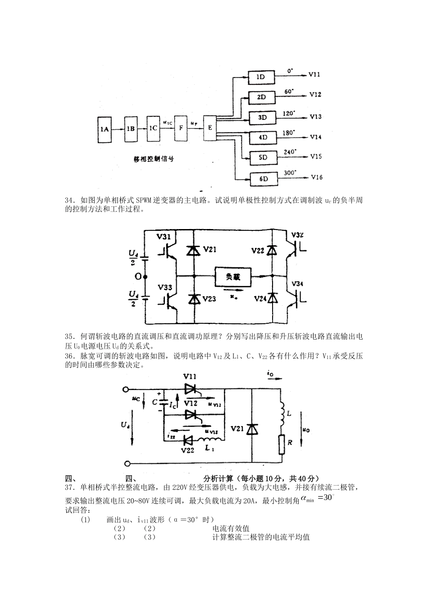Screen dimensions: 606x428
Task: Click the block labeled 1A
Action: (x=105, y=129)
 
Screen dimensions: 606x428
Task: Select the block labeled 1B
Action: (x=131, y=129)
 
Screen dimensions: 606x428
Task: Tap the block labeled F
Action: (x=181, y=128)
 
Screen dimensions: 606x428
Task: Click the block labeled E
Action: (x=209, y=128)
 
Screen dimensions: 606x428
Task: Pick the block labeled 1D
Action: (x=260, y=77)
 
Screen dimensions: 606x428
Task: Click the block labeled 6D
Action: (x=264, y=179)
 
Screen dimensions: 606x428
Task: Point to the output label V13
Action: (x=315, y=117)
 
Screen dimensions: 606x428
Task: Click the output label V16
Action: (x=316, y=177)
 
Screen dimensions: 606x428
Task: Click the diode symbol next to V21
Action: (x=194, y=250)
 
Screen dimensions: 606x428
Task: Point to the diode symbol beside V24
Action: (x=272, y=298)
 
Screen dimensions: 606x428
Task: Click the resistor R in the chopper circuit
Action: (x=282, y=444)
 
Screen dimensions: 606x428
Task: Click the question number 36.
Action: (x=69, y=356)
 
